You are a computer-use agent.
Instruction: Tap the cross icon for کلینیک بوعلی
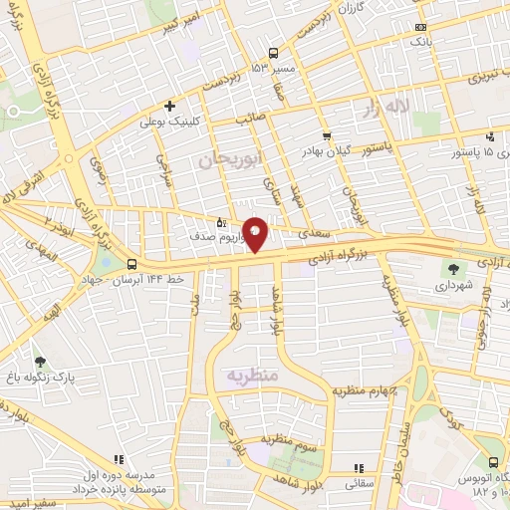click(170, 106)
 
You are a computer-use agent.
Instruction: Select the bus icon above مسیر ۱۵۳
click(274, 54)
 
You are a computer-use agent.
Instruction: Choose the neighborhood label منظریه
click(249, 376)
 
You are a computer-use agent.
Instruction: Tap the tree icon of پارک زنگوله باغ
click(40, 363)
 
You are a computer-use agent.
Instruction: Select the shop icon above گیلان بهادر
click(327, 135)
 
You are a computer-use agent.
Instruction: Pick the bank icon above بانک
click(421, 28)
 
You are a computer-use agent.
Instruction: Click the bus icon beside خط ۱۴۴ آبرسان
click(131, 264)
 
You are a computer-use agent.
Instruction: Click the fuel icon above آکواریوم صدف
click(221, 223)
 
